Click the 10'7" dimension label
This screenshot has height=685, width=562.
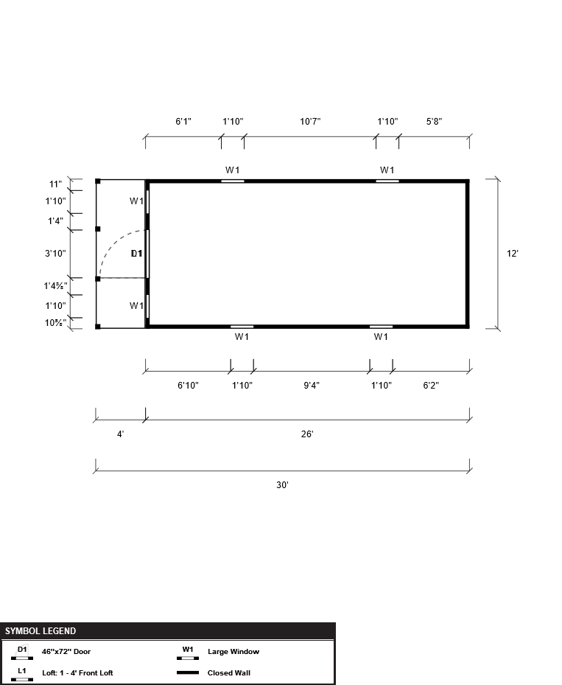(x=310, y=122)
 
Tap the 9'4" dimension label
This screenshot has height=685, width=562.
(x=312, y=386)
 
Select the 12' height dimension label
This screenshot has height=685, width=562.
(x=512, y=254)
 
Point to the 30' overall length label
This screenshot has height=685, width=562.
(x=282, y=485)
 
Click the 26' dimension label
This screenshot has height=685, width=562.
(x=307, y=434)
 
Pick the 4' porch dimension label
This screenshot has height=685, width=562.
(x=121, y=434)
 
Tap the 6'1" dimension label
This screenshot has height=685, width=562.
(x=183, y=122)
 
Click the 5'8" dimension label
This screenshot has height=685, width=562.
(x=434, y=122)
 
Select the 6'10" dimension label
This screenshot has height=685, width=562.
(x=188, y=386)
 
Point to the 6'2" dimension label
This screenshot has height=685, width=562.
(x=431, y=386)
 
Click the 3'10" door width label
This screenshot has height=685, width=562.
(x=55, y=254)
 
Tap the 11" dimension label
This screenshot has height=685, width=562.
(x=55, y=184)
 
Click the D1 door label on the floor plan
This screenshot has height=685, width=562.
(x=136, y=254)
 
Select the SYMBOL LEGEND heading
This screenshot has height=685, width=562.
(x=41, y=631)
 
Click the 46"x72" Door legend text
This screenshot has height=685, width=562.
(x=66, y=651)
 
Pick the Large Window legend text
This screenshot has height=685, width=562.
(x=233, y=651)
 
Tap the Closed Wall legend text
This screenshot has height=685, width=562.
(x=229, y=672)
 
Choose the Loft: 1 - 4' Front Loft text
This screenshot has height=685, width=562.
(x=77, y=672)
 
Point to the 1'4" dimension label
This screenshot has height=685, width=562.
(x=55, y=221)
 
